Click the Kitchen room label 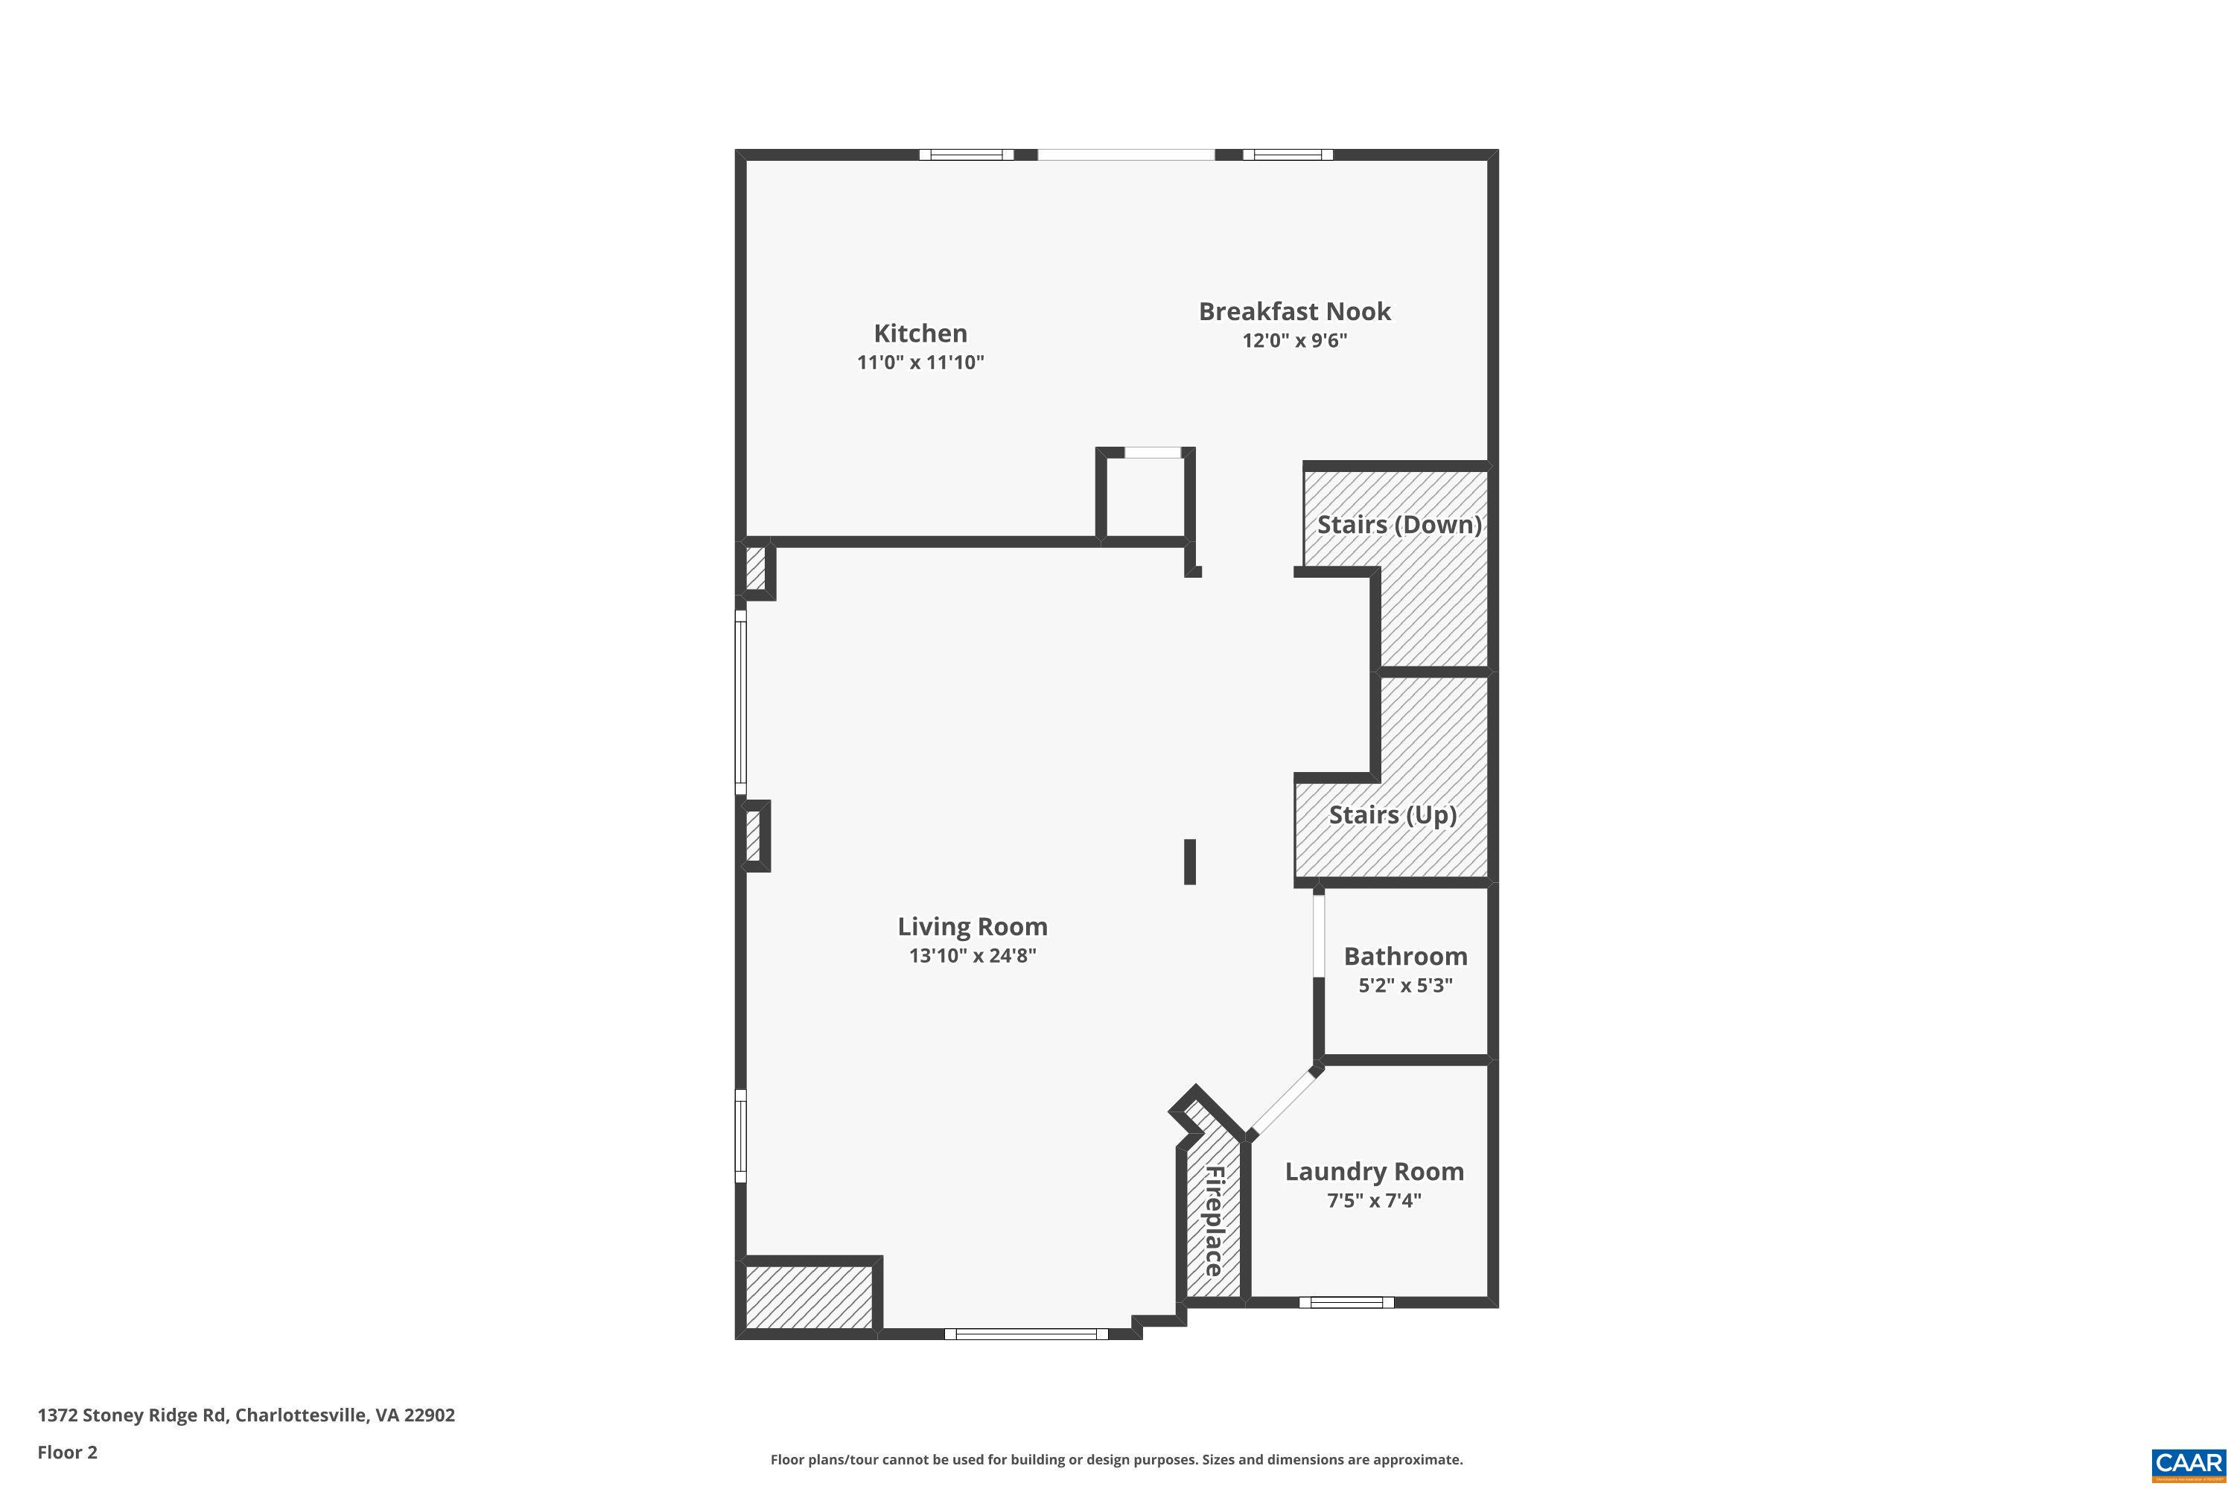pyautogui.click(x=920, y=334)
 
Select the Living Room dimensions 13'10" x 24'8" pyautogui.click(x=972, y=955)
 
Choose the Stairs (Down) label pyautogui.click(x=1398, y=524)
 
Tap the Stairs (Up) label pyautogui.click(x=1392, y=814)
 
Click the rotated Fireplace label pyautogui.click(x=1214, y=1221)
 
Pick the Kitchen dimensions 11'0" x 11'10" pyautogui.click(x=920, y=363)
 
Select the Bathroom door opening pyautogui.click(x=1318, y=935)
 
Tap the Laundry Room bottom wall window pyautogui.click(x=1346, y=1302)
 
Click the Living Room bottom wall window pyautogui.click(x=1026, y=1334)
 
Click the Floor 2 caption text pyautogui.click(x=68, y=1452)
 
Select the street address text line pyautogui.click(x=246, y=1415)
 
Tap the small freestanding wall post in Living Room pyautogui.click(x=1189, y=861)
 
